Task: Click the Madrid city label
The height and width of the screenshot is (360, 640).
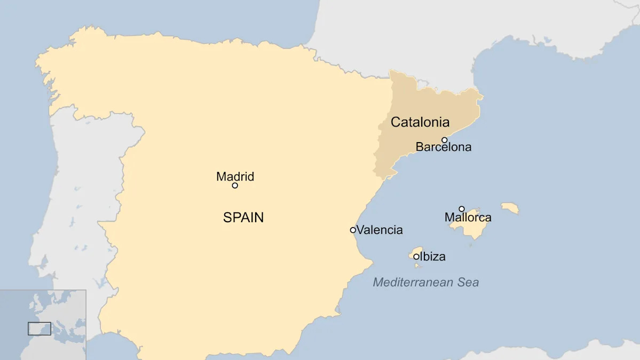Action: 235,176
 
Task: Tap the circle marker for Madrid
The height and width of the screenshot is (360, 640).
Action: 235,185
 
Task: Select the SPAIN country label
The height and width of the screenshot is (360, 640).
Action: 243,217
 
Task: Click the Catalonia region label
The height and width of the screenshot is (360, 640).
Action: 420,122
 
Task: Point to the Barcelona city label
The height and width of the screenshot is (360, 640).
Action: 444,147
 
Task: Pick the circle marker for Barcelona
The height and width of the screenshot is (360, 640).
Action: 444,140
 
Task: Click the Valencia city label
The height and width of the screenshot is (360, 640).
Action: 380,230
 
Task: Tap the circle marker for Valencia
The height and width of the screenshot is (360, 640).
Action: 353,230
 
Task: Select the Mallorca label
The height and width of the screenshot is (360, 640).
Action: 468,217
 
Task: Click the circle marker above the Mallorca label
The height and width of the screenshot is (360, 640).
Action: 462,209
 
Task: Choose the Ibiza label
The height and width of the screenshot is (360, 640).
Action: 432,257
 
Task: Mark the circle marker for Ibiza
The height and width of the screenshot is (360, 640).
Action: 416,256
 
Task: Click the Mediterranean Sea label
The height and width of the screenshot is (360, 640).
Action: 426,283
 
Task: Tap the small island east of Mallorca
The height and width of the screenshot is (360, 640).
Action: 510,207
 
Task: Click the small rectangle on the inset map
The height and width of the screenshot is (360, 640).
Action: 39,328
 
